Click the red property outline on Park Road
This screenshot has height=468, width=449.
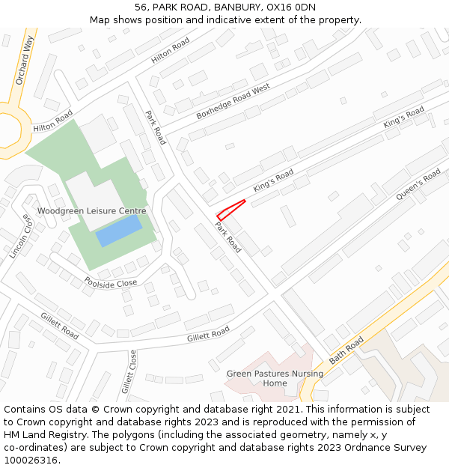coord(230,210)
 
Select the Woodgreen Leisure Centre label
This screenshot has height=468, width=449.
coord(91,212)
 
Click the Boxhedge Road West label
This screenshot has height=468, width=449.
coord(232,102)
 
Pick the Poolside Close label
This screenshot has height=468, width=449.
coord(111,283)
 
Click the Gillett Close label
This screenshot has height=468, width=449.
coord(129,372)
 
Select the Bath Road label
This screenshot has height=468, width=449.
coord(346,350)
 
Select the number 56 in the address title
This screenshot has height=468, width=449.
coord(141,7)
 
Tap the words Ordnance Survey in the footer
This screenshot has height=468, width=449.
coord(387,448)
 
